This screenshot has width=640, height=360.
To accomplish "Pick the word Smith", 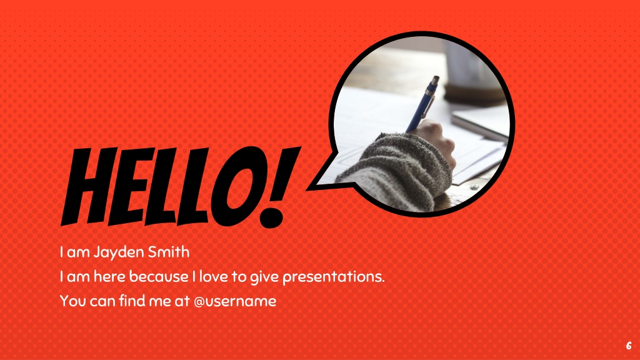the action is (169, 252).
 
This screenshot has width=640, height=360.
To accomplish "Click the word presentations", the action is (333, 277).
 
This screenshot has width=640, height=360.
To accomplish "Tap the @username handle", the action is (235, 301).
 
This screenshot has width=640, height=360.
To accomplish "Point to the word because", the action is (159, 276).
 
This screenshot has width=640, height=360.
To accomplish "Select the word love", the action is (214, 276).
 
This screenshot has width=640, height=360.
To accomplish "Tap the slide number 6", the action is (629, 346).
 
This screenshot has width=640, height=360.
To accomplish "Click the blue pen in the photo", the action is (423, 104).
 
